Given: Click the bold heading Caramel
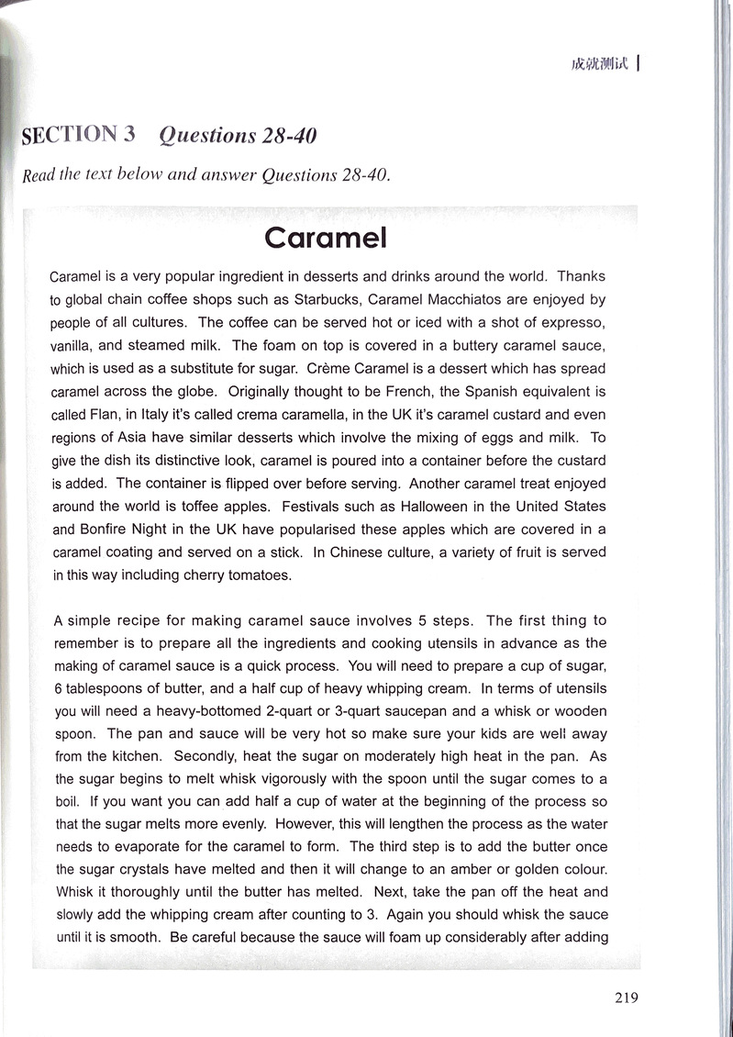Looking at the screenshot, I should (326, 238).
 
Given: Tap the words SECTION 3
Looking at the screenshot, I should (79, 135).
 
